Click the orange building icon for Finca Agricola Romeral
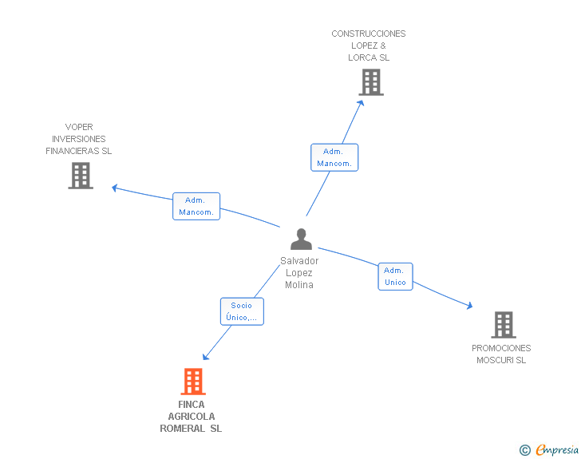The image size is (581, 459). click(193, 381)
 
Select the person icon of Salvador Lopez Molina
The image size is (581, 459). click(301, 239)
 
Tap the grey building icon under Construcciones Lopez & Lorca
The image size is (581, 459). click(371, 82)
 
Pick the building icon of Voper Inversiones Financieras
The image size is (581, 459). click(81, 176)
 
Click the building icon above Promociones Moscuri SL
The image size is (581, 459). click(504, 325)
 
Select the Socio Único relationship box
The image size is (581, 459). click(242, 311)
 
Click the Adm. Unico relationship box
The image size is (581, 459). click(395, 276)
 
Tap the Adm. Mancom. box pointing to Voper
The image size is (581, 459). click(196, 206)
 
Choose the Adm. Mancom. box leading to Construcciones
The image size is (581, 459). click(334, 157)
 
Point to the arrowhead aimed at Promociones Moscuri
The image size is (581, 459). click(469, 306)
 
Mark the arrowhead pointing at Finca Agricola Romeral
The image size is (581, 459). click(206, 357)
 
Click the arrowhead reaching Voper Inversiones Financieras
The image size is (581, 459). click(115, 188)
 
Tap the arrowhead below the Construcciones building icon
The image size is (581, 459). click(361, 103)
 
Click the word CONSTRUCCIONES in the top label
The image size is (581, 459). click(369, 34)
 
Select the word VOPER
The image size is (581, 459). click(79, 127)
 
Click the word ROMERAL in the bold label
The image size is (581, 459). click(182, 429)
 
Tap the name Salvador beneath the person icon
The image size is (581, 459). click(299, 261)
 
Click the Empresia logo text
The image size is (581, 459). click(557, 449)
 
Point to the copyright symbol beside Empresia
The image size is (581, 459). click(525, 450)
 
